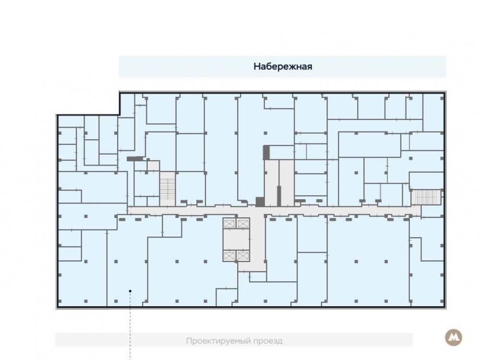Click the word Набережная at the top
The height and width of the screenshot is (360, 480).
283,66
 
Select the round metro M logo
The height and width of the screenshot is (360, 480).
454,338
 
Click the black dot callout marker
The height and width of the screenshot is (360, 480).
130,291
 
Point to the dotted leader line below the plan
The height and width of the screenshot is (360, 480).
130,326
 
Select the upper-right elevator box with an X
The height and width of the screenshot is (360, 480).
243,224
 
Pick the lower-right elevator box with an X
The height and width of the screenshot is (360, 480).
243,256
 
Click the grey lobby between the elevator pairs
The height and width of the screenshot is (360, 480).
236,240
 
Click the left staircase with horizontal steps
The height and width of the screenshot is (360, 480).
168,189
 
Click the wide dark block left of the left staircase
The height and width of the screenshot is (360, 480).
135,158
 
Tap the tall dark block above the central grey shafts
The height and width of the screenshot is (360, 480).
266,153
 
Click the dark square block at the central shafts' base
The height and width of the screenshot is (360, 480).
260,202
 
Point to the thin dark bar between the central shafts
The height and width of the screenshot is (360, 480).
279,196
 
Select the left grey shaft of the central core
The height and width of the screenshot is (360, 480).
272,183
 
